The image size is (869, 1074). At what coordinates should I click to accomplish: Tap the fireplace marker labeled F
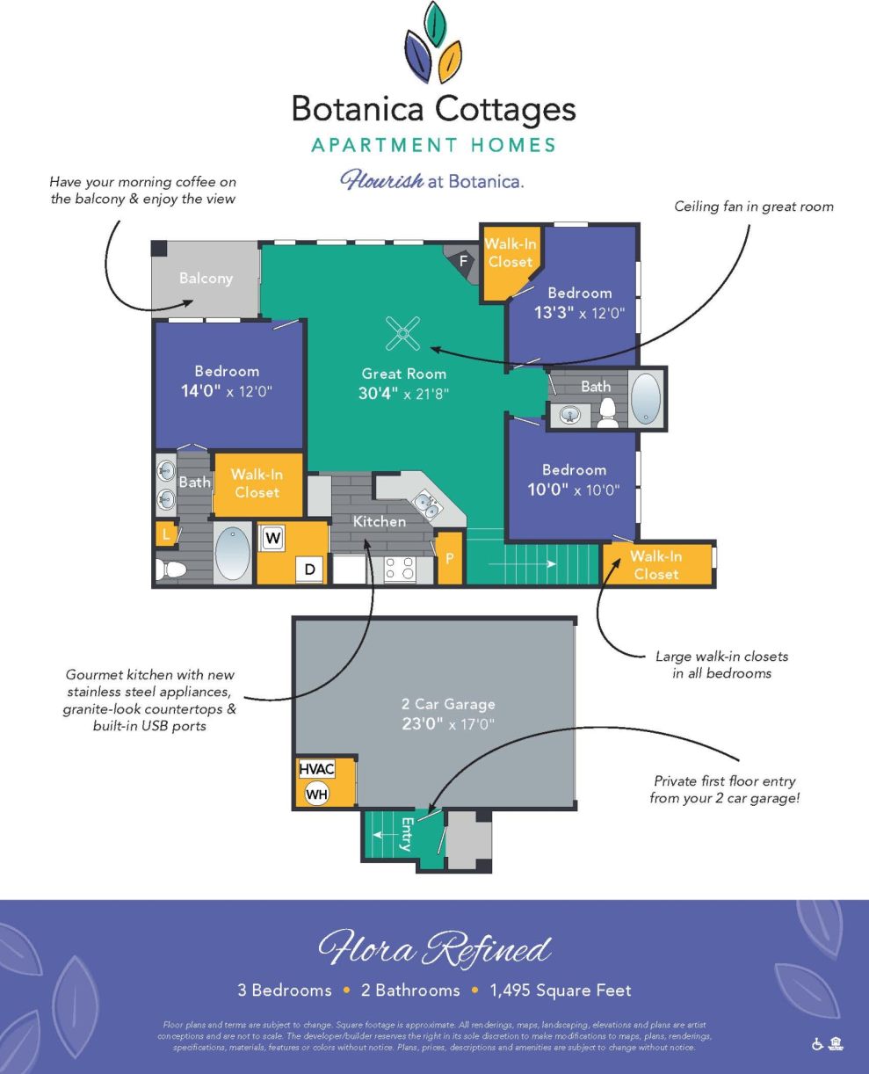463,260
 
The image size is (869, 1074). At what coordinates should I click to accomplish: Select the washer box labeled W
273,537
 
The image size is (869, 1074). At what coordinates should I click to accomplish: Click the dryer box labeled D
310,569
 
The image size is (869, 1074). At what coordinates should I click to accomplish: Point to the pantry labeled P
449,558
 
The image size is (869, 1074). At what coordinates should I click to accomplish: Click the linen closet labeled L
165,533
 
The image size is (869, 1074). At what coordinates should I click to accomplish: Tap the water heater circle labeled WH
316,794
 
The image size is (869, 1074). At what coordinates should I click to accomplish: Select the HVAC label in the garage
316,768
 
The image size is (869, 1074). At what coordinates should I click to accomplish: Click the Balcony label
206,279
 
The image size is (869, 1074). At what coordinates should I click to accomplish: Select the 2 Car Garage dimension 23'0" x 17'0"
448,725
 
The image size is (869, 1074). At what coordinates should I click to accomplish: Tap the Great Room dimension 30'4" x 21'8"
403,394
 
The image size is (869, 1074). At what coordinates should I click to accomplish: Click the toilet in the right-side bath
607,414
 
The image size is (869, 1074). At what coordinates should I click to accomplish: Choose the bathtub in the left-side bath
233,554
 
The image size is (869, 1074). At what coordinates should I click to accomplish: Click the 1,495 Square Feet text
561,991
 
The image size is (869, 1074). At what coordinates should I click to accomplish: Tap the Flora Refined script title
434,950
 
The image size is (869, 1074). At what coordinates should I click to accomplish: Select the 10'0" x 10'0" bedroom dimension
574,490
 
